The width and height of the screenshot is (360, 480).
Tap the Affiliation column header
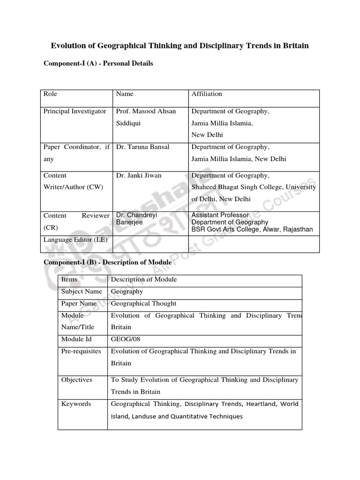207,94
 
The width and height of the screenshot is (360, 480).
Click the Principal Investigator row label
75,111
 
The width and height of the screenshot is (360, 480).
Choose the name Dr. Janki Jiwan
139,175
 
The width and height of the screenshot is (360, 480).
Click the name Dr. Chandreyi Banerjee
136,219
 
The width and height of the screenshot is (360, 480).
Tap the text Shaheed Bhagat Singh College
234,187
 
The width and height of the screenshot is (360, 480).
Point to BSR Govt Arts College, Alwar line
252,230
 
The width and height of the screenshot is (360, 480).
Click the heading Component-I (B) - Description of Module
107,263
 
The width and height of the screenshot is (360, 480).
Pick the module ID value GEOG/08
124,338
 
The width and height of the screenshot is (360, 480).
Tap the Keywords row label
76,404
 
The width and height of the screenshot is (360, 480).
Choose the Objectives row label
77,380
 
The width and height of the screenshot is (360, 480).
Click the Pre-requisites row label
81,351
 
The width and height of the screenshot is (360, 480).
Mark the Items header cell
69,279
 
